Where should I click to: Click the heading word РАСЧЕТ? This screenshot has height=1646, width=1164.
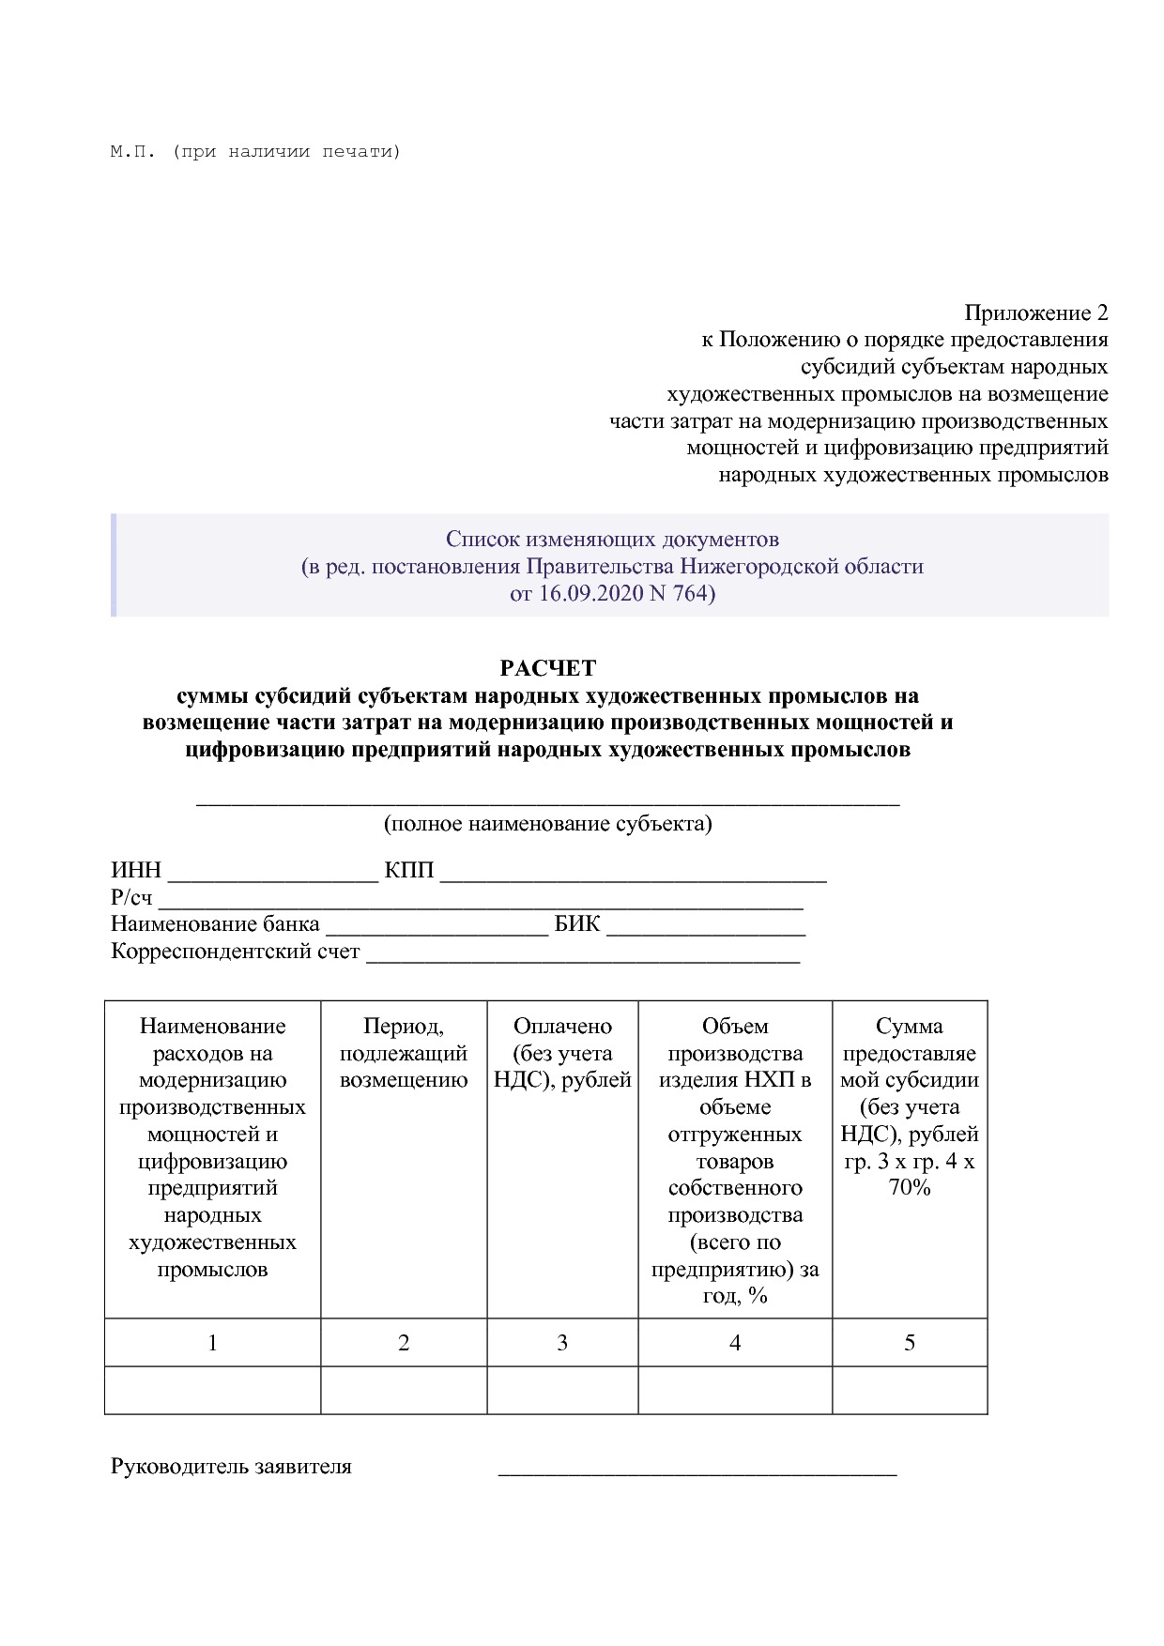[x=547, y=668]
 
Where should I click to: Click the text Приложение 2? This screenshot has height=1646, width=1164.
[x=1035, y=312]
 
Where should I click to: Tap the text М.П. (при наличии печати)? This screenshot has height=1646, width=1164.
[x=255, y=151]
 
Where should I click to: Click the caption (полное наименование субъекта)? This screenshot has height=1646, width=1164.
[x=547, y=824]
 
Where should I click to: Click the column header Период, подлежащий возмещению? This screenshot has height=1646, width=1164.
[x=404, y=1053]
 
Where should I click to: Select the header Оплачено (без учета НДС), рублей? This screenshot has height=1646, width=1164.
[x=562, y=1053]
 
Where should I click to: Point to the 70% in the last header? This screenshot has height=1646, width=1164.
[x=909, y=1188]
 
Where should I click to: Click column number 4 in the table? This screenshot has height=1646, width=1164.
[x=735, y=1343]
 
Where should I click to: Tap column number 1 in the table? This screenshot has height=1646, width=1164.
[x=212, y=1343]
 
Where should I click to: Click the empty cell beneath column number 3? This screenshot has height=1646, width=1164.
[x=562, y=1390]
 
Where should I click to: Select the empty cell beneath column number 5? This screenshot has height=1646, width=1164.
[x=909, y=1390]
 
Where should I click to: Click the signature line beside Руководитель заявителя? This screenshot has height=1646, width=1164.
[x=697, y=1469]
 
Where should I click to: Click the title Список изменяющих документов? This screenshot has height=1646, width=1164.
[x=612, y=540]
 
